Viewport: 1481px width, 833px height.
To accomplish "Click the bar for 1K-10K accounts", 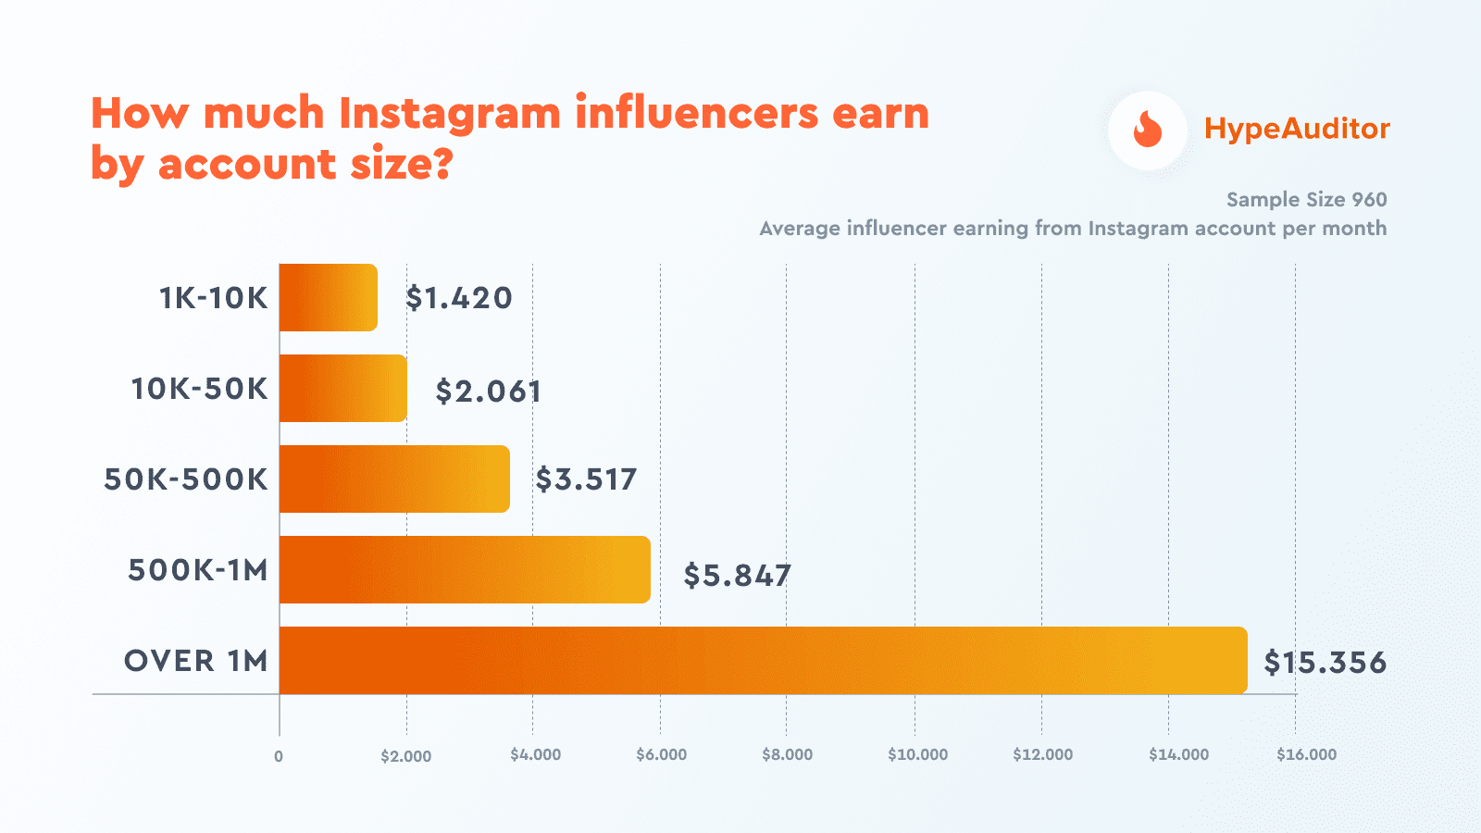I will [328, 298].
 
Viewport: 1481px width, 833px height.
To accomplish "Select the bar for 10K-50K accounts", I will [342, 389].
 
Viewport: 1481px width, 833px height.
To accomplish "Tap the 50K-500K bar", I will [394, 479].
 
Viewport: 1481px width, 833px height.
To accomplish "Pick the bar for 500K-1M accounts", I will [465, 570].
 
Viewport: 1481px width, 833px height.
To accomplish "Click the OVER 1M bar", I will [763, 661].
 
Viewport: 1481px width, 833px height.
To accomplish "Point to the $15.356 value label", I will [1325, 663].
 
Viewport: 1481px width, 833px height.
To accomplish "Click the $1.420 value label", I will [459, 298].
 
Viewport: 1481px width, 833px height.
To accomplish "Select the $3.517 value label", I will [586, 479].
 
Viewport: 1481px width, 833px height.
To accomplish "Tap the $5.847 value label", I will [737, 576].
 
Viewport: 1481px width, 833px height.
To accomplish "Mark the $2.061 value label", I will [488, 392].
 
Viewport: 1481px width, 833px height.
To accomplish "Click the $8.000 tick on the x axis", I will [787, 754].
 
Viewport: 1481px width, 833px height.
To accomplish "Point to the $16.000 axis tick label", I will [1306, 754].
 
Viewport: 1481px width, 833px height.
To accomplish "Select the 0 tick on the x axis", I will [279, 756].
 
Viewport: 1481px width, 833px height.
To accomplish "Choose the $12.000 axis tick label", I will [1042, 754].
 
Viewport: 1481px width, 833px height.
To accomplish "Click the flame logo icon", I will [1148, 131].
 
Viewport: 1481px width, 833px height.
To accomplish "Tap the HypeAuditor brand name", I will [1296, 129].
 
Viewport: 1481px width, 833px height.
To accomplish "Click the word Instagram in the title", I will [450, 114].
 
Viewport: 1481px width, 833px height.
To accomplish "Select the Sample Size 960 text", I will [1306, 200].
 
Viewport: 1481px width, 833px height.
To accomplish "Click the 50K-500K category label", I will [186, 479].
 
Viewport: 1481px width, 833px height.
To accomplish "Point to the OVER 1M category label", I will [196, 661].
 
